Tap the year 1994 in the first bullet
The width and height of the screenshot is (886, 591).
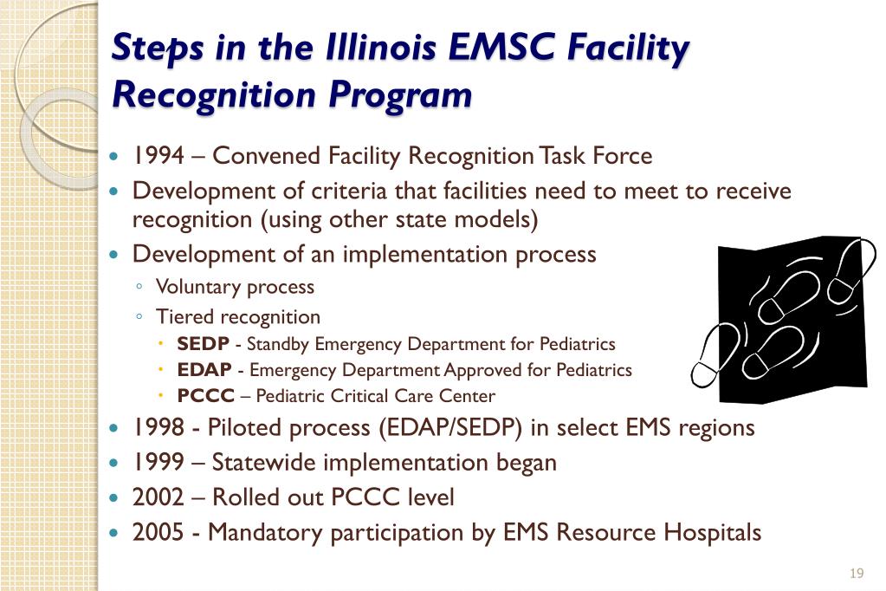pyautogui.click(x=158, y=156)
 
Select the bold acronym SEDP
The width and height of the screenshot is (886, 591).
pyautogui.click(x=203, y=344)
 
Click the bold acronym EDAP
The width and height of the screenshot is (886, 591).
pyautogui.click(x=204, y=370)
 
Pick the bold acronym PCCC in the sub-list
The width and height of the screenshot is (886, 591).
pyautogui.click(x=206, y=396)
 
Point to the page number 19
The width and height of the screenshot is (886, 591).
pyautogui.click(x=857, y=574)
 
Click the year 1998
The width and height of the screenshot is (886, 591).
pyautogui.click(x=158, y=428)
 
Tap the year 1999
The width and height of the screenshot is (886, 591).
pyautogui.click(x=158, y=463)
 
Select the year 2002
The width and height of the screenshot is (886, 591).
pyautogui.click(x=158, y=497)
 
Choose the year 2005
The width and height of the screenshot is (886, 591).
pyautogui.click(x=158, y=532)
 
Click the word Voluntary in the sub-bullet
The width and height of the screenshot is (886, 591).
pyautogui.click(x=197, y=286)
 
